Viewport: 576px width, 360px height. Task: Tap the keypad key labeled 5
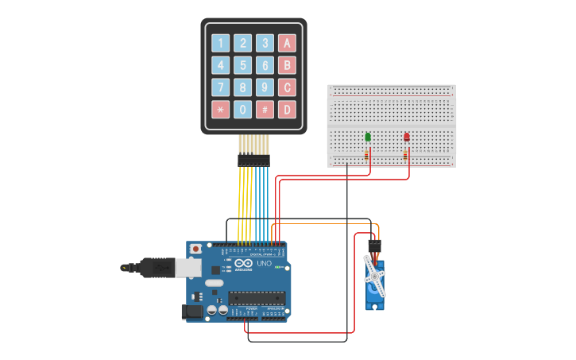click(x=243, y=65)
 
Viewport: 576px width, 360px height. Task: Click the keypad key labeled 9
click(x=265, y=87)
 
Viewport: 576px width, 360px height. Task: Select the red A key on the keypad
click(x=288, y=43)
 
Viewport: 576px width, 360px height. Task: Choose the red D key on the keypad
click(x=288, y=110)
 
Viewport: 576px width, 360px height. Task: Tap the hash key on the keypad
click(x=265, y=110)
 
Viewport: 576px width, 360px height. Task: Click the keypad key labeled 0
click(x=243, y=110)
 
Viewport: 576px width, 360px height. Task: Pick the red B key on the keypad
click(x=288, y=65)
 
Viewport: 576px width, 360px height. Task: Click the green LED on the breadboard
click(x=367, y=137)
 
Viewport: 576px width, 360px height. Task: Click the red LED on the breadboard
click(x=407, y=137)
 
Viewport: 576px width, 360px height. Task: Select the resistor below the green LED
click(x=367, y=155)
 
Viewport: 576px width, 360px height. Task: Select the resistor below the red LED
click(x=406, y=155)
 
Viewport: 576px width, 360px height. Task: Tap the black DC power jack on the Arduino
click(x=191, y=312)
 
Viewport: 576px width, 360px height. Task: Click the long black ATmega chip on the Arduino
click(x=256, y=298)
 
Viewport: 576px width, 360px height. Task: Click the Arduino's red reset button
click(x=195, y=249)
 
